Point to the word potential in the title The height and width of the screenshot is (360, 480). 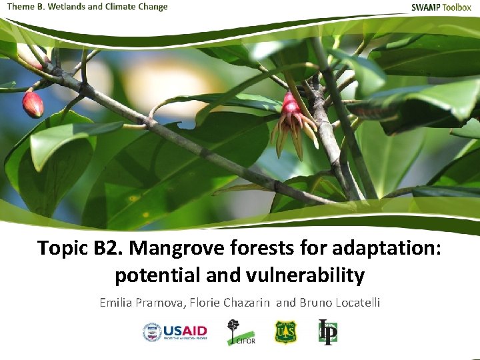147,275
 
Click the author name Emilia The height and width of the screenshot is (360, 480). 117,303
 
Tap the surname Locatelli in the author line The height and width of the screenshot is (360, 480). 355,303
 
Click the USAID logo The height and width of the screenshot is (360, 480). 175,332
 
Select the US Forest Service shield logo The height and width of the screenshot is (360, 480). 285,332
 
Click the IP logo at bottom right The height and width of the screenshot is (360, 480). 327,332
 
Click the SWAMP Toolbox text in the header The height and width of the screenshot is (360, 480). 441,7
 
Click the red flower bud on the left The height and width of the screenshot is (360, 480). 33,104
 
